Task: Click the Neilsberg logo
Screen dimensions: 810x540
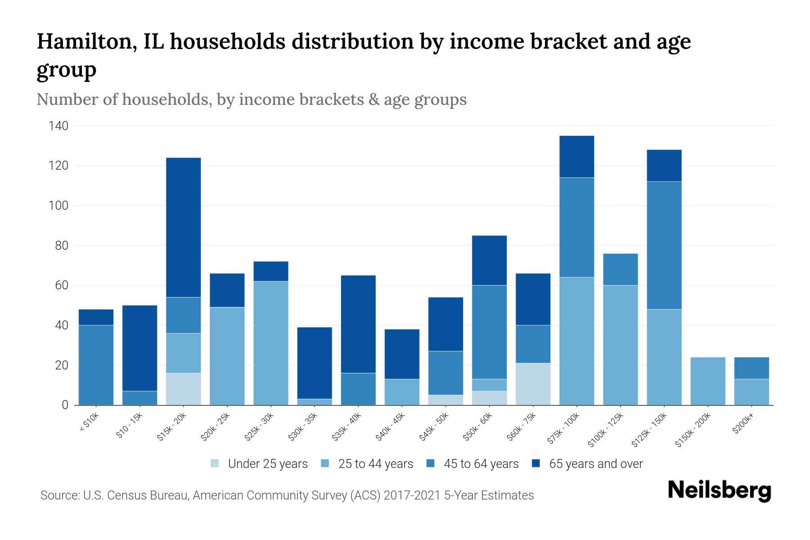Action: [719, 491]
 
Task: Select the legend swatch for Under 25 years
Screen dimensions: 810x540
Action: [215, 463]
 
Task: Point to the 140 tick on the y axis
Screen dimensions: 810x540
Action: [58, 126]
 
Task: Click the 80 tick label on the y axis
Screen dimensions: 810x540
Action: [62, 246]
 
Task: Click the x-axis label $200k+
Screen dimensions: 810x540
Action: [743, 424]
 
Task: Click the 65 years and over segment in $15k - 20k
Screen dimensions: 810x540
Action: [184, 227]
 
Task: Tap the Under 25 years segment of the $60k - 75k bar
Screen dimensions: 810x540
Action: [533, 384]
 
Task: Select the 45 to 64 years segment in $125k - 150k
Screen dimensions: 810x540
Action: [664, 245]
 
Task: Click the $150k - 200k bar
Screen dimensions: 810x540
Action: [708, 381]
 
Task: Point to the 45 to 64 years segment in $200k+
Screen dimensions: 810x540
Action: [751, 368]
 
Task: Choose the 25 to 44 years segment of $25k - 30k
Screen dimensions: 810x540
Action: [271, 343]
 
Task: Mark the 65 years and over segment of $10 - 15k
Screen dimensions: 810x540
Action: [140, 348]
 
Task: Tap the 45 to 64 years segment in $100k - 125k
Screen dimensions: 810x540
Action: [621, 270]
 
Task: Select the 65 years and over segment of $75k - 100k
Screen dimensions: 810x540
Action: [577, 157]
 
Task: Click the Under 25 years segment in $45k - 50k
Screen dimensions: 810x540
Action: [446, 400]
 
